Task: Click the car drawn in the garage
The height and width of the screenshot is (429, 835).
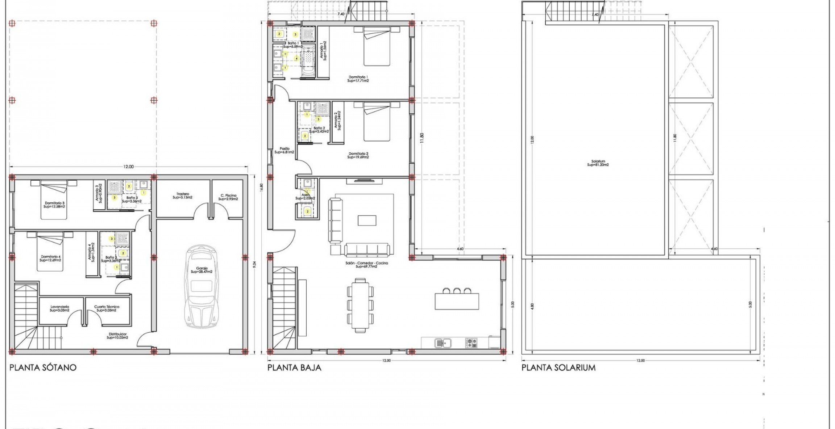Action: click(x=202, y=286)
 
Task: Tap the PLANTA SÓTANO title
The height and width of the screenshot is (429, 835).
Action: click(x=43, y=367)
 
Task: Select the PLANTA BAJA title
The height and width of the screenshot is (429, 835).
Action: click(x=294, y=367)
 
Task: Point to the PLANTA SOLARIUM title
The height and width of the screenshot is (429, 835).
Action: click(x=558, y=367)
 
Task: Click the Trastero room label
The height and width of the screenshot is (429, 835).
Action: click(x=182, y=196)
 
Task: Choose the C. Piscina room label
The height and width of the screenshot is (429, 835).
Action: click(x=228, y=197)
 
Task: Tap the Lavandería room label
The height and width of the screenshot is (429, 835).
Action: click(x=59, y=308)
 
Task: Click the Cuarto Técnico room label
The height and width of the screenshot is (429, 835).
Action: click(x=107, y=308)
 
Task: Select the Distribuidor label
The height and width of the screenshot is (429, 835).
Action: click(x=117, y=336)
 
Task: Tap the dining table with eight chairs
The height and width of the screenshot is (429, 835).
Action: click(x=360, y=305)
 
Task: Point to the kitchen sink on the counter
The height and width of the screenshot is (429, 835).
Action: click(x=443, y=342)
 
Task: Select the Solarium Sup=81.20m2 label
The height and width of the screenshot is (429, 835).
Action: click(x=598, y=163)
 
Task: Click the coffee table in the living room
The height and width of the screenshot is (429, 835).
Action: click(x=367, y=220)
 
